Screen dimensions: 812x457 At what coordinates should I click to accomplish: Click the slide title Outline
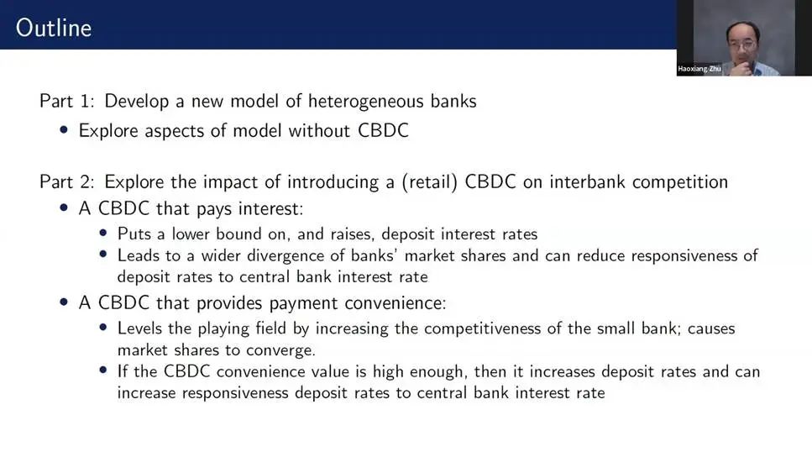coord(54,28)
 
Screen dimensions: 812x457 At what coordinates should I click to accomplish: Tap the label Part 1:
coord(67,101)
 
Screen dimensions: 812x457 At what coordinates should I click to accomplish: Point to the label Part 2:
coord(67,181)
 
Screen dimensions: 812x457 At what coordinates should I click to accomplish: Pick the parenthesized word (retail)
coord(429,182)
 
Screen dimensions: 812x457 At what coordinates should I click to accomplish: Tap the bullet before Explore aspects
coord(64,129)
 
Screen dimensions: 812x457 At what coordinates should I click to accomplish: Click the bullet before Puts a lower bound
coord(103,234)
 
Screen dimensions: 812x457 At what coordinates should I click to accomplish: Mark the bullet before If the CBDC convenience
coord(103,370)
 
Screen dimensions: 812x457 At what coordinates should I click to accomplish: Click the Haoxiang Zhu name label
coord(699,69)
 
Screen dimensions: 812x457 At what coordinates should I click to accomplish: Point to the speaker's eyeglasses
coord(742,45)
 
